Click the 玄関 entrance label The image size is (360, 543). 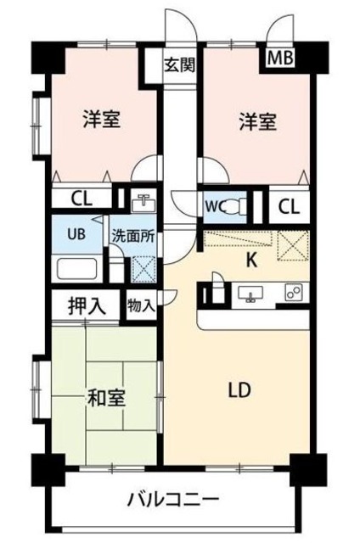(178, 64)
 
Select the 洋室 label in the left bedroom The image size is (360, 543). (100, 120)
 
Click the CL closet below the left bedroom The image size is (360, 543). (82, 199)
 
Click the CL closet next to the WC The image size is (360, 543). (289, 205)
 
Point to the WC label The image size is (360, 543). (213, 204)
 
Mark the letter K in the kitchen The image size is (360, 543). (251, 261)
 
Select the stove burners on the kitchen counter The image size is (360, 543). (292, 294)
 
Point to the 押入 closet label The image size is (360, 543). (87, 307)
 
